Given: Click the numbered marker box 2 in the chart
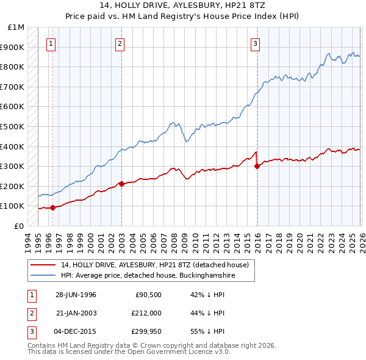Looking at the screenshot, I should click(x=120, y=43).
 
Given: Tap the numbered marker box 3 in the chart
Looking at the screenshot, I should click(x=255, y=43).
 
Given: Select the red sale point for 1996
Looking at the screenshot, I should click(x=53, y=207).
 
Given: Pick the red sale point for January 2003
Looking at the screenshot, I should click(x=121, y=184).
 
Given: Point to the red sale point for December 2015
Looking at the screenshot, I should click(x=257, y=166).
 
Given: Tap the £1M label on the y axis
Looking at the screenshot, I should click(x=16, y=27).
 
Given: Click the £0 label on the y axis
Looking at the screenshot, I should click(x=20, y=226).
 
